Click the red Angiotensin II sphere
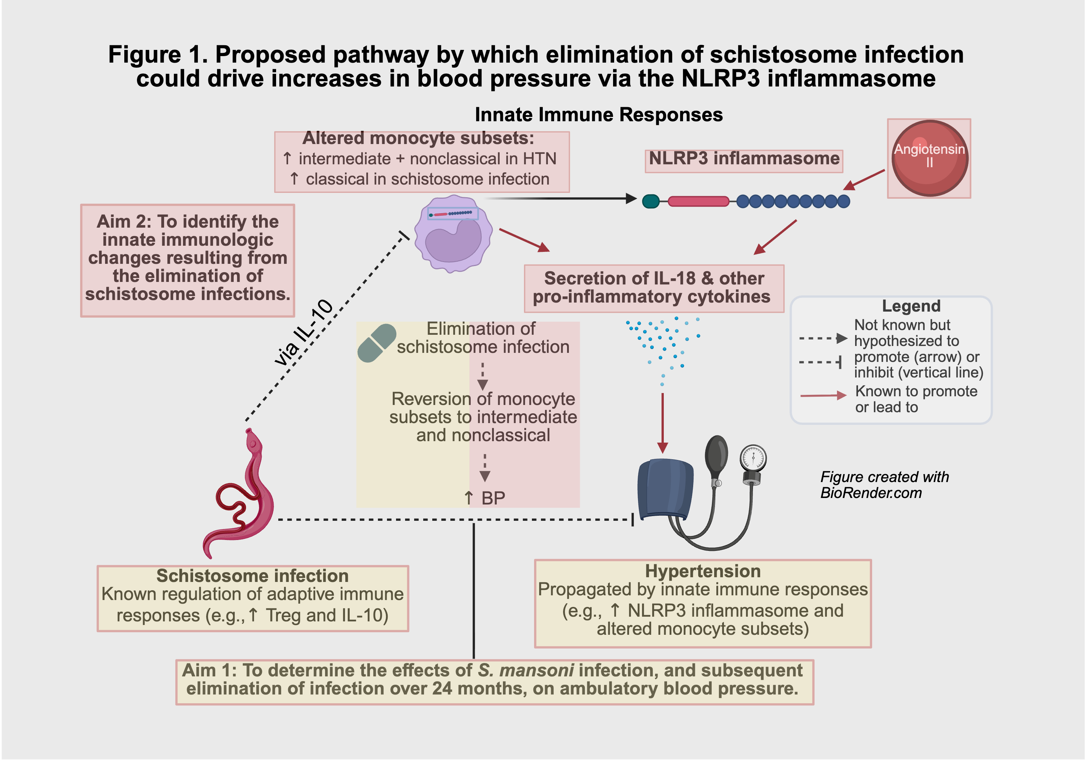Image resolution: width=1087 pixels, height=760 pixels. (x=929, y=158)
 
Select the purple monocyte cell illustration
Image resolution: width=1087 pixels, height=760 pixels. (x=453, y=234)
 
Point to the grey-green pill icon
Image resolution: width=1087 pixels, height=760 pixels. (x=376, y=343)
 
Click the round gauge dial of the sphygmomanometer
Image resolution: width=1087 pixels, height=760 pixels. (x=753, y=458)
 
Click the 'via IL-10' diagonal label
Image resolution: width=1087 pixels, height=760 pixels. (x=304, y=333)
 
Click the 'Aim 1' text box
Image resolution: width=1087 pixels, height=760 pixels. (x=494, y=681)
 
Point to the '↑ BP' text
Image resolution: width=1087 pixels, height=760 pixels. (x=484, y=498)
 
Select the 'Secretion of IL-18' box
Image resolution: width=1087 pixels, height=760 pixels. (x=654, y=288)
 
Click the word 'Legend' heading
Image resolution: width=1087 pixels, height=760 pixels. (x=911, y=306)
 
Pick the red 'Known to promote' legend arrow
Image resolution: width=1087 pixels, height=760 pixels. (x=823, y=395)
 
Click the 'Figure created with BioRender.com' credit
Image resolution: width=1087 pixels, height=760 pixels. (x=884, y=485)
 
